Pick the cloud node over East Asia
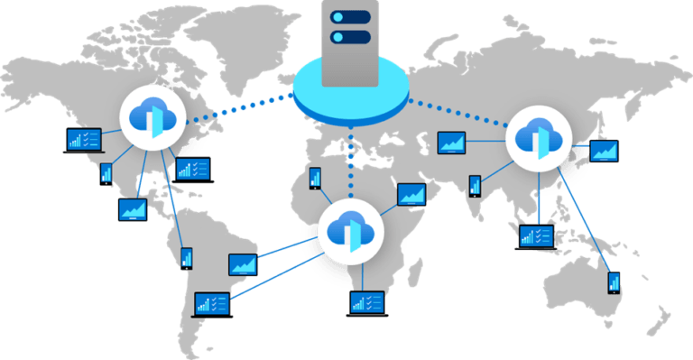coord(539,138)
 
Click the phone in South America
coord(186,258)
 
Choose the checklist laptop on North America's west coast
coord(82,139)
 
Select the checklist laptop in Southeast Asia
coord(537,236)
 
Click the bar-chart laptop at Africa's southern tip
coord(367,303)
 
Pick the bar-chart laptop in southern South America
coord(214,303)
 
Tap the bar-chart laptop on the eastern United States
coord(193,169)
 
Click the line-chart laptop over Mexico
coord(133,209)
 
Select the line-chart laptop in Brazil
coord(244,264)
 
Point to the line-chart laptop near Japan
coord(605,150)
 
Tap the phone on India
coord(475,186)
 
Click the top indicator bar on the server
coord(351,17)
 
